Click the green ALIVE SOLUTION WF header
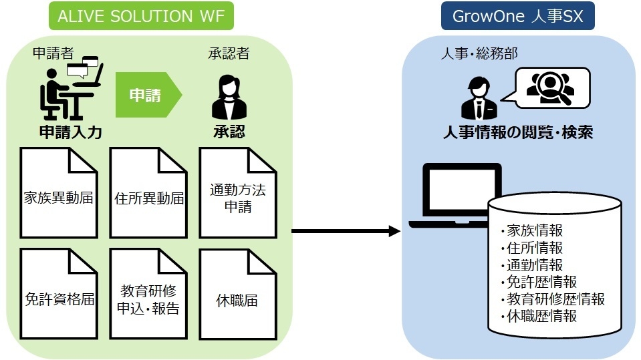pyautogui.click(x=141, y=16)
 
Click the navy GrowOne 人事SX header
pyautogui.click(x=517, y=16)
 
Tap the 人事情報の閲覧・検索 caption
pyautogui.click(x=517, y=132)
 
